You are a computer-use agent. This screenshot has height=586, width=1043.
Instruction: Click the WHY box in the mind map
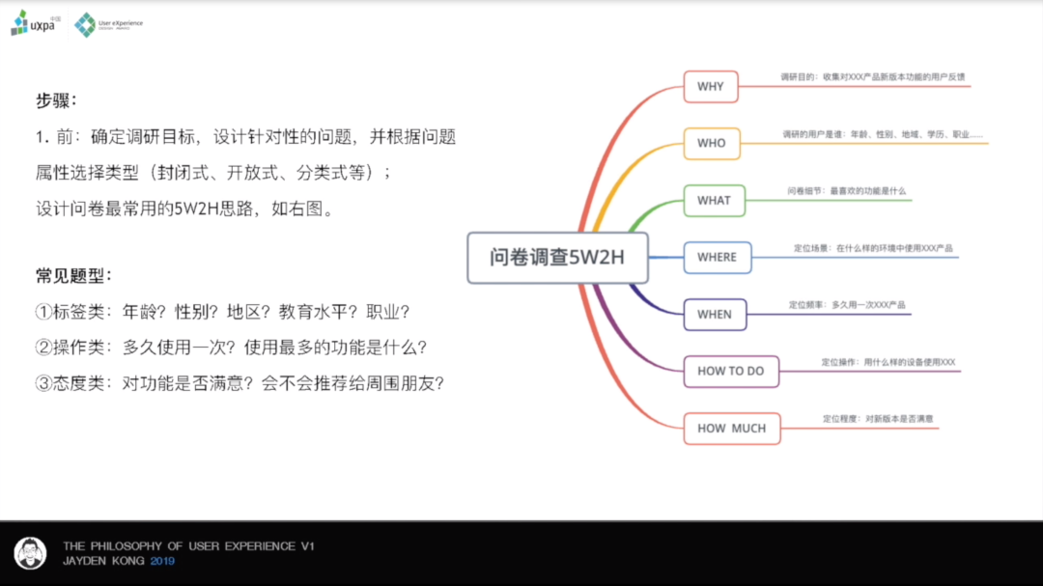pos(710,86)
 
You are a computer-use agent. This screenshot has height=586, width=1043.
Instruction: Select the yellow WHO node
pos(711,143)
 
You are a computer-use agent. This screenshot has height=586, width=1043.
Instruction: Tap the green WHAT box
pos(714,200)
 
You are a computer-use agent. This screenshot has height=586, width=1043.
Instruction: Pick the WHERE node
pos(717,257)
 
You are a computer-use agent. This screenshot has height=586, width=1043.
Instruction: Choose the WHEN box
pos(714,314)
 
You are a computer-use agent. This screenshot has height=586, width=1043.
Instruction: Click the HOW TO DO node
pos(730,371)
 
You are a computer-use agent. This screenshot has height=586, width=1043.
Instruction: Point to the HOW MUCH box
pos(731,428)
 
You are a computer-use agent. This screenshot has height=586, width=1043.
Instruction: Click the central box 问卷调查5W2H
pos(557,258)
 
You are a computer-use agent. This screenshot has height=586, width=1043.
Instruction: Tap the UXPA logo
pos(33,23)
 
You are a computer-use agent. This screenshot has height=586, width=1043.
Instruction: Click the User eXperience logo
pos(108,24)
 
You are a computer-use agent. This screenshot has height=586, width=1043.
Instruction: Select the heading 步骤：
pos(56,100)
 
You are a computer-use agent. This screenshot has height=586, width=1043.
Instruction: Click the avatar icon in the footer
pos(31,553)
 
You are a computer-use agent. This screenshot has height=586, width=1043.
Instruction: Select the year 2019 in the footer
pos(163,560)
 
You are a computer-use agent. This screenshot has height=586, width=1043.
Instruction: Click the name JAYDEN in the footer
pos(83,560)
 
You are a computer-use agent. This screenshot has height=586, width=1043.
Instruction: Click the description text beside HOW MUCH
pos(878,419)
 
